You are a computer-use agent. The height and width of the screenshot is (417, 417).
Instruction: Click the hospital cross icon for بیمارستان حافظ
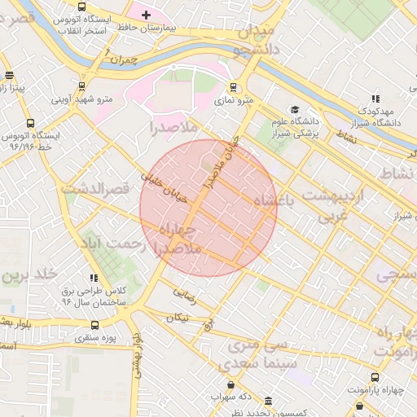(x=146, y=15)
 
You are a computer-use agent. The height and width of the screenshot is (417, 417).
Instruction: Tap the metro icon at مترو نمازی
(x=234, y=87)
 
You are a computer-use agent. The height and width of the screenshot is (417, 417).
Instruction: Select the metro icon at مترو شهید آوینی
(x=81, y=86)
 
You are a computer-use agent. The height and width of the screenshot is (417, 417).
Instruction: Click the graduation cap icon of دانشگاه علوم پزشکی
(x=295, y=110)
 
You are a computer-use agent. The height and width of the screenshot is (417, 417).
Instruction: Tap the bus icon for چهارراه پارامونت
(x=375, y=378)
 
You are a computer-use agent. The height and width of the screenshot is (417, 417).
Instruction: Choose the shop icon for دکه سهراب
(x=230, y=384)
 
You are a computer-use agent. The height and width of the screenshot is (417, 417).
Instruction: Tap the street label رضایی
(x=185, y=293)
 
